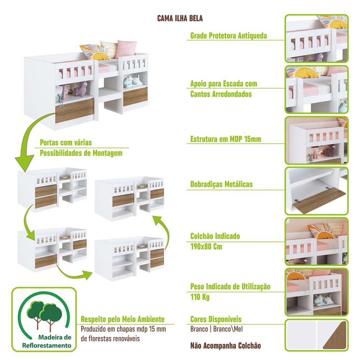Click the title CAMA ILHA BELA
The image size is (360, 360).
[x=180, y=18]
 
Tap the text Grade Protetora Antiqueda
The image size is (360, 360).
[x=229, y=36]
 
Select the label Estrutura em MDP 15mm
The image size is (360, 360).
[x=226, y=139]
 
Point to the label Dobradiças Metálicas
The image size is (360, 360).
[x=221, y=184]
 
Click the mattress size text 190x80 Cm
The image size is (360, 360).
[x=206, y=247]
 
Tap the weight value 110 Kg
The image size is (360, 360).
[x=200, y=297]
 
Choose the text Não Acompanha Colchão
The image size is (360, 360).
[x=225, y=346]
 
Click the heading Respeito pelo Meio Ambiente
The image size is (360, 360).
[x=123, y=319]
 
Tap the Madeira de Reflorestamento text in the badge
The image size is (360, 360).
[x=46, y=341]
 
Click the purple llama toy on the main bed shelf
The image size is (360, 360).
[x=81, y=89]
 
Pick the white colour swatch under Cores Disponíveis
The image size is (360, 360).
[x=301, y=335]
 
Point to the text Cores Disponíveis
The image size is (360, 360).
[x=216, y=319]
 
